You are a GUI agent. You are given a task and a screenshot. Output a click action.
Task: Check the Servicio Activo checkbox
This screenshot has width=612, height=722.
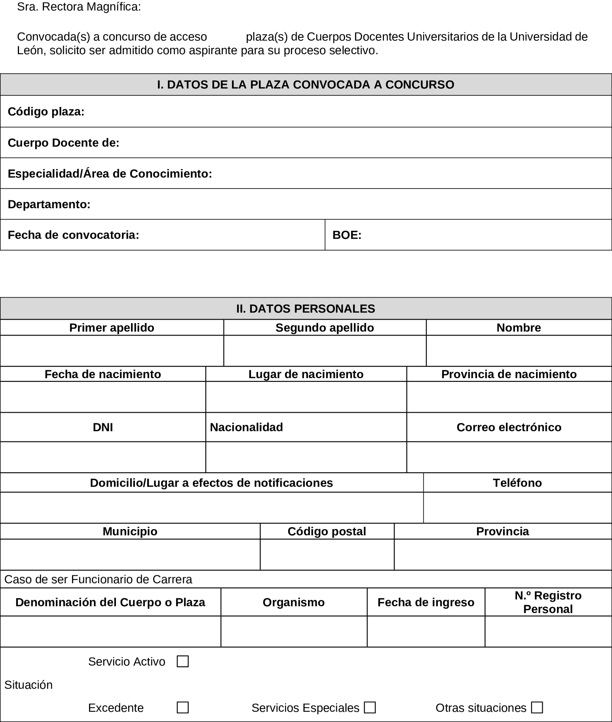pyautogui.click(x=183, y=661)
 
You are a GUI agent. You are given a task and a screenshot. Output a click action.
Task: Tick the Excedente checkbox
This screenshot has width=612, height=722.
pyautogui.click(x=183, y=707)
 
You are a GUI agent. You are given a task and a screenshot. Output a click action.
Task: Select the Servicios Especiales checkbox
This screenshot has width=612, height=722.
pyautogui.click(x=370, y=707)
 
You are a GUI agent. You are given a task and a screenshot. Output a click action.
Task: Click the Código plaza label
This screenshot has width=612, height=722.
pyautogui.click(x=46, y=111)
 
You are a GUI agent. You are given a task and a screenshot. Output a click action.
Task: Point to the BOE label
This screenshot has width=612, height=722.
pyautogui.click(x=347, y=235)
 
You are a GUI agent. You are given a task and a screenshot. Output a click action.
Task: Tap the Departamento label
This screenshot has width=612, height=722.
pyautogui.click(x=49, y=204)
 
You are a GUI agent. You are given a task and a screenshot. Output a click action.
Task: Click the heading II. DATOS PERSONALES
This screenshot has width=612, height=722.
pyautogui.click(x=306, y=309)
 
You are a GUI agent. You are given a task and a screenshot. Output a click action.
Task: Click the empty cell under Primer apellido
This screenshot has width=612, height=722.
pyautogui.click(x=112, y=350)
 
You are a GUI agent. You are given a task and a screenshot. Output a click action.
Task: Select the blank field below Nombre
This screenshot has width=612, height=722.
pyautogui.click(x=519, y=350)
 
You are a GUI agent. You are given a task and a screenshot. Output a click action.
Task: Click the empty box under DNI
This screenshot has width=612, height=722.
pyautogui.click(x=103, y=457)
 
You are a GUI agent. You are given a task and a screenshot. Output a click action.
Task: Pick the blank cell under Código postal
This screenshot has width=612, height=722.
pyautogui.click(x=327, y=554)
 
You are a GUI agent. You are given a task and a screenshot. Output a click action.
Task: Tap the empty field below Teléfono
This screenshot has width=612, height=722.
pyautogui.click(x=517, y=507)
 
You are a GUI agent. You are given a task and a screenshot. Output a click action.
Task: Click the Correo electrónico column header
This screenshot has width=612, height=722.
pyautogui.click(x=509, y=427)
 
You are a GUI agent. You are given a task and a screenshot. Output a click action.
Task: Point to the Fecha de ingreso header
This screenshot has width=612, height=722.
pyautogui.click(x=426, y=602)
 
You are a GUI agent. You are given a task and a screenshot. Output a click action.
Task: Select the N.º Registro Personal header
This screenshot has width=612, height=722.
pyautogui.click(x=548, y=602)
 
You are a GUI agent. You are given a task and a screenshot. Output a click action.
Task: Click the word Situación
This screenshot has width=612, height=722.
pyautogui.click(x=28, y=685)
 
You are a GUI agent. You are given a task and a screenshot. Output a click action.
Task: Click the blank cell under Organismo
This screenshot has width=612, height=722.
pyautogui.click(x=294, y=631)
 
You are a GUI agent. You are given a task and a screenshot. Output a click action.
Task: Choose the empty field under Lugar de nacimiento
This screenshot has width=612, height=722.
pyautogui.click(x=306, y=397)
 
